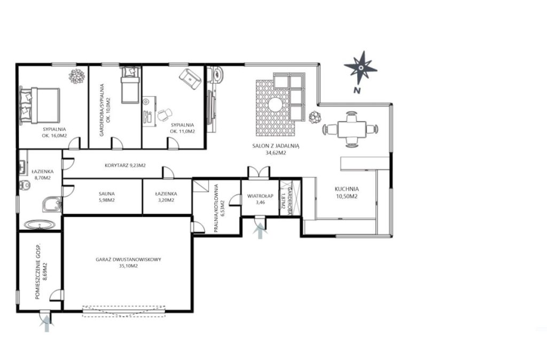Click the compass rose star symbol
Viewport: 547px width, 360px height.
pos(361,67)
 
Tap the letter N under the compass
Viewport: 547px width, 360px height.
pos(356,90)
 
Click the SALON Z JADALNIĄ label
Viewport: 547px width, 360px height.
pos(276,146)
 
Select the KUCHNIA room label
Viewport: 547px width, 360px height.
pos(347,189)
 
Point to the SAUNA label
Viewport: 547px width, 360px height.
pos(106,193)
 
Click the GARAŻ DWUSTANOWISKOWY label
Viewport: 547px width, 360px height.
pos(128,260)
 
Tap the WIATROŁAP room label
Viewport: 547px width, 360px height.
pos(260,196)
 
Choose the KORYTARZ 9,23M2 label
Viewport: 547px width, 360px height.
pos(125,166)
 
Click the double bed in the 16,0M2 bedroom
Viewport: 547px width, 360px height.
pos(40,105)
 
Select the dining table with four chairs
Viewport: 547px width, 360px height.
pos(351,129)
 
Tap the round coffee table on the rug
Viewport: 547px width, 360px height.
pos(275,104)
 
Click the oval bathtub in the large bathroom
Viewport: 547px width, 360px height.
pos(40,225)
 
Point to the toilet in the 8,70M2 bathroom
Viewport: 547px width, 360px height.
pos(25,184)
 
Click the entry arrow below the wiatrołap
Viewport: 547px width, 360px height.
pos(260,232)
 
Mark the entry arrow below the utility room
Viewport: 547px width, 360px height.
pos(47,324)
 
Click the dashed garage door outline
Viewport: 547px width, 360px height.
pos(124,311)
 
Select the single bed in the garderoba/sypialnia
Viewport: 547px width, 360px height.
pos(130,85)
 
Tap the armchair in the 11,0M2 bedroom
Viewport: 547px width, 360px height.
pos(190,79)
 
